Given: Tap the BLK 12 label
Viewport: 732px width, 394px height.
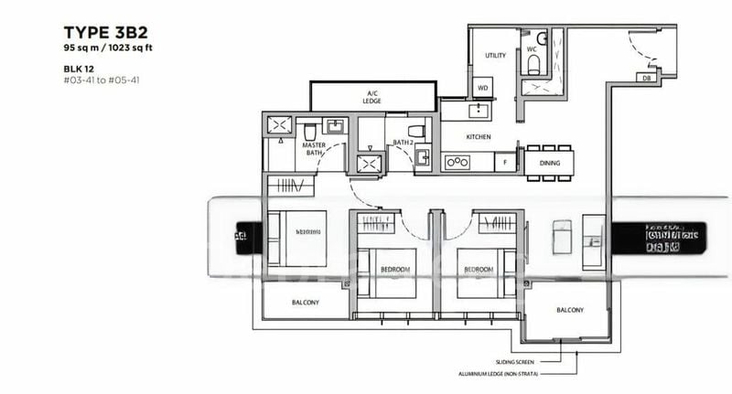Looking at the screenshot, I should pos(53,67).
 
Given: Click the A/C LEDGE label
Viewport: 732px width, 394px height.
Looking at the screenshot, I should pos(371,96).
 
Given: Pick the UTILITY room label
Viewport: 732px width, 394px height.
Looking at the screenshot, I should pos(494,56).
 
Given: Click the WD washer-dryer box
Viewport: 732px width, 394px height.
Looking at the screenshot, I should pos(483,88).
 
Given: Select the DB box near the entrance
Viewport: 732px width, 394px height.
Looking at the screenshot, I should pos(646,79).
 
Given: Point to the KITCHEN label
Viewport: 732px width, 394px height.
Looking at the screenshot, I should pos(479,137).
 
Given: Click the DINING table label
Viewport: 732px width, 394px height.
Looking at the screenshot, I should pos(549,163).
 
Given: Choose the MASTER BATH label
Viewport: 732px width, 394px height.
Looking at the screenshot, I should pos(315,149).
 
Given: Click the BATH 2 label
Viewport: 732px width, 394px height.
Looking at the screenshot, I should pos(404,143).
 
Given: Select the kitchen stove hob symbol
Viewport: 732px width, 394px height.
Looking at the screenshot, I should pos(456,163).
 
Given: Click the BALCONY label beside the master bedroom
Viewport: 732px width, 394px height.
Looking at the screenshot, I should pos(306,302).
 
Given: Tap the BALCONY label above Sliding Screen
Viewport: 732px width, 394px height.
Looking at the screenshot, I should pos(569,310).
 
